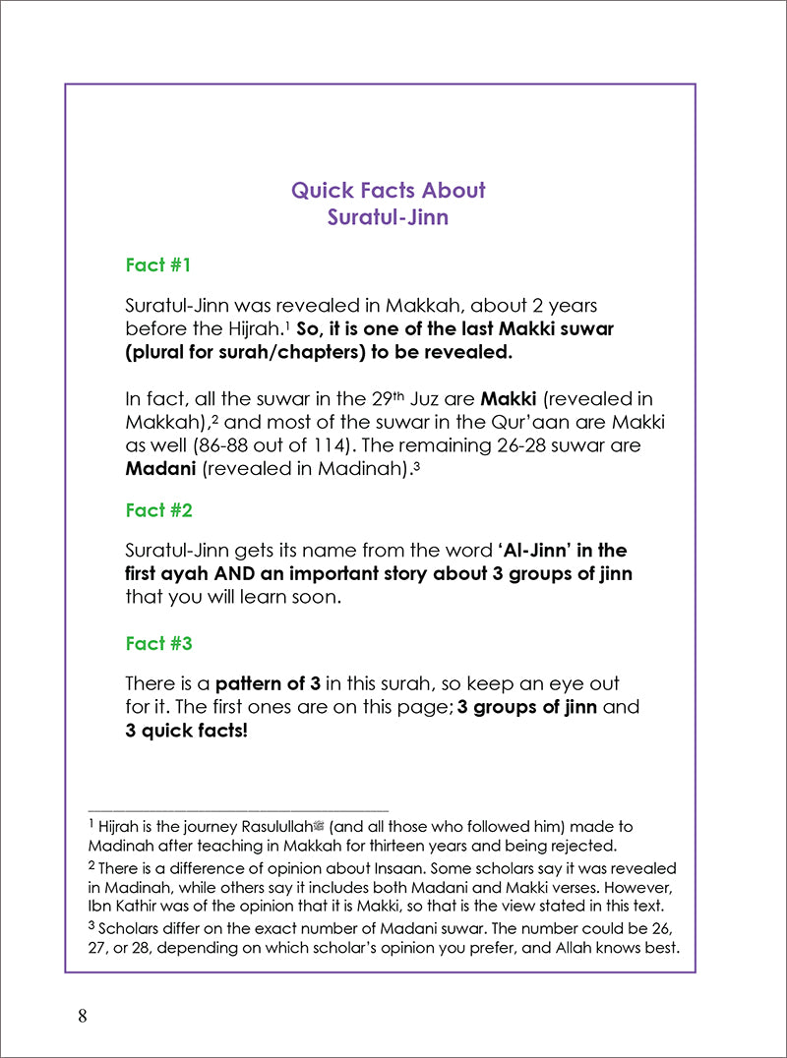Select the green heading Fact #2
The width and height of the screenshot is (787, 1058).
coord(158,510)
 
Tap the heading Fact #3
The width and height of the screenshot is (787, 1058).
coord(158,643)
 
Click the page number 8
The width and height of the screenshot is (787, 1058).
coord(83,1017)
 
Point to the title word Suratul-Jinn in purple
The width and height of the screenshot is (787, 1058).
coord(388,217)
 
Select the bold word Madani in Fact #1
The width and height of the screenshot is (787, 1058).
coord(160,469)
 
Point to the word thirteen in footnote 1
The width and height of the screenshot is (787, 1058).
coord(439,846)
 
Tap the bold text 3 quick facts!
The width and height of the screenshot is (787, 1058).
coord(187,731)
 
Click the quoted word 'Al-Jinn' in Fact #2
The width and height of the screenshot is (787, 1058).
coord(550,551)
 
